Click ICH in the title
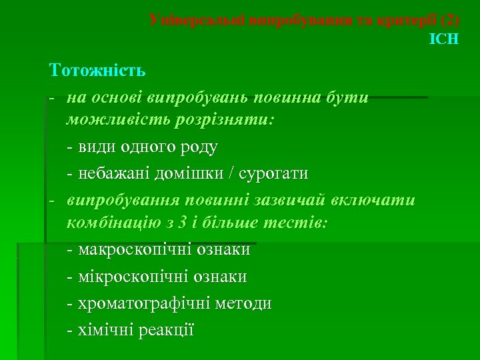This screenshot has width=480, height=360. pos(444,39)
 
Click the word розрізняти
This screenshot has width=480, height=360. pos(223,121)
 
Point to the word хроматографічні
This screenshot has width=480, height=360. pos(145,303)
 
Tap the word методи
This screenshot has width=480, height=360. pos(243,303)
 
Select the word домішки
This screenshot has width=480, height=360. pos(193,173)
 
